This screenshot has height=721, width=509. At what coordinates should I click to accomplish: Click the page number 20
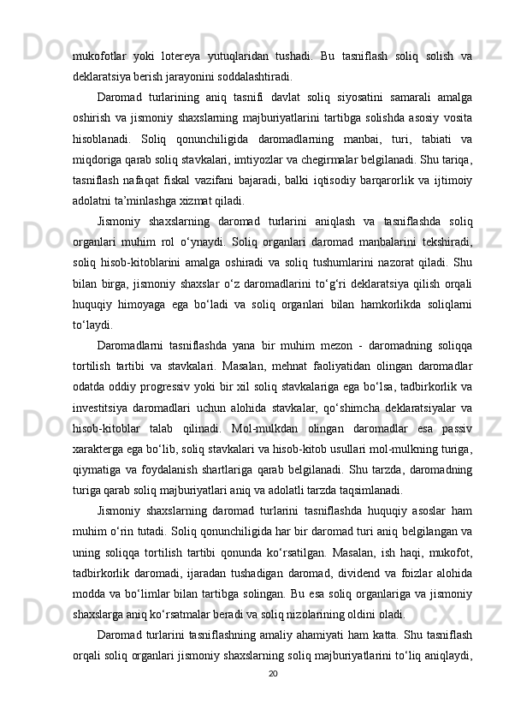tap(273, 698)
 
